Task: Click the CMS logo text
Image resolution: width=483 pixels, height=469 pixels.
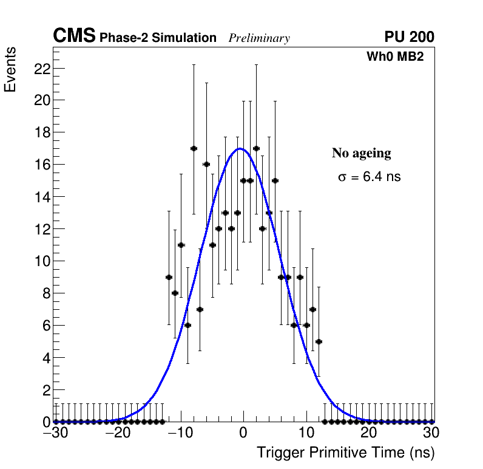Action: pyautogui.click(x=74, y=36)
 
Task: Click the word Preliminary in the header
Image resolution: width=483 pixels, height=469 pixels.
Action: pyautogui.click(x=259, y=38)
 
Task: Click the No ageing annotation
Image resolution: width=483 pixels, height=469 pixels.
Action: pyautogui.click(x=361, y=153)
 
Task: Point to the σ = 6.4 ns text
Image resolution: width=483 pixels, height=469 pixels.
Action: pyautogui.click(x=369, y=177)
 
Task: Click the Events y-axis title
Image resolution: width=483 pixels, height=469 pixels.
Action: pyautogui.click(x=10, y=70)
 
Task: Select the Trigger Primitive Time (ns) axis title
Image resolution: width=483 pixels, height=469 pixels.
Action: pyautogui.click(x=345, y=453)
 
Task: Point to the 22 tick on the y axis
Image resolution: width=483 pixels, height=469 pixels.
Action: pyautogui.click(x=41, y=68)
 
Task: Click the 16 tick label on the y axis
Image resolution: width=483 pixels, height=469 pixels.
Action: pyautogui.click(x=41, y=165)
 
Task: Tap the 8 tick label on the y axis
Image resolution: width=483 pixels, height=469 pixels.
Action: pyautogui.click(x=45, y=293)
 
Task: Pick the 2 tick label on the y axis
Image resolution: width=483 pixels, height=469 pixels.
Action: pyautogui.click(x=45, y=390)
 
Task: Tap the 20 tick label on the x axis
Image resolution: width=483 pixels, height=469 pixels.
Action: pyautogui.click(x=368, y=433)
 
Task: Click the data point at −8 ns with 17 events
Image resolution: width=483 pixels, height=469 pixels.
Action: pyautogui.click(x=194, y=148)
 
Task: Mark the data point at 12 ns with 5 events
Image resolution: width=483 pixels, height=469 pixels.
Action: pyautogui.click(x=319, y=341)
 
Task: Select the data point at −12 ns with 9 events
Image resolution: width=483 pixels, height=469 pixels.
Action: pyautogui.click(x=169, y=277)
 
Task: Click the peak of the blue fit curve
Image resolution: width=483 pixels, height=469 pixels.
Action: pyautogui.click(x=240, y=148)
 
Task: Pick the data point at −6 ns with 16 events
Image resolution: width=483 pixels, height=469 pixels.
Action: pyautogui.click(x=206, y=164)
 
